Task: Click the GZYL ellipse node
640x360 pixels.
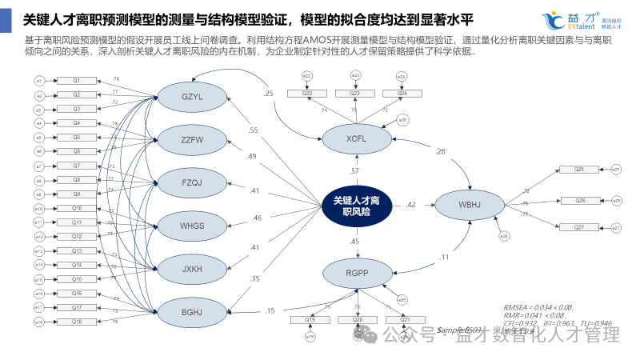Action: pos(192,98)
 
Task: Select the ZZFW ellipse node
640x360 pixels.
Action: pos(192,140)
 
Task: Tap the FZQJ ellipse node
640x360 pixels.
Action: pos(192,182)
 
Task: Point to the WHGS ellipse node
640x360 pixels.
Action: pos(192,226)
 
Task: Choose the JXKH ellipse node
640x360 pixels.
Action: pos(192,268)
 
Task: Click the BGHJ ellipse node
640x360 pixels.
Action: pos(192,311)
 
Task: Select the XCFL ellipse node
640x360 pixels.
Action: pos(356,139)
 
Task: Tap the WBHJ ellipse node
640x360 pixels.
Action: pos(469,205)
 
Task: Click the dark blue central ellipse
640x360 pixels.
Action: pos(357,206)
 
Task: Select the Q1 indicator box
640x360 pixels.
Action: pos(77,81)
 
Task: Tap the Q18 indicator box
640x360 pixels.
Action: pos(77,322)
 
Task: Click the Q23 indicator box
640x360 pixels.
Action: pos(354,94)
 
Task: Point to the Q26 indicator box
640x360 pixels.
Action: pos(580,200)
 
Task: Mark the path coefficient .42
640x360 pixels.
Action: pos(410,205)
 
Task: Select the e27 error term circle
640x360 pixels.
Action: pos(616,229)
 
